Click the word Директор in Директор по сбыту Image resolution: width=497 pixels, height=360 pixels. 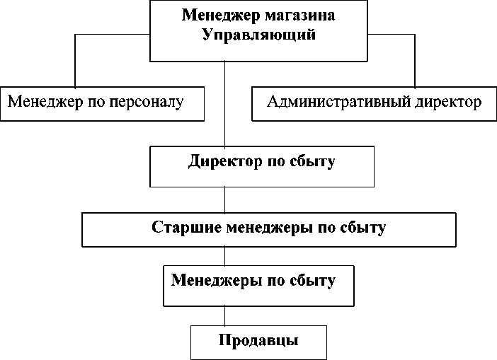click(219, 161)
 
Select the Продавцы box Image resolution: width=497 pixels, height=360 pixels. click(258, 341)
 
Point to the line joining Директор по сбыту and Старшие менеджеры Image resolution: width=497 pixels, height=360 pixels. click(225, 200)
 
